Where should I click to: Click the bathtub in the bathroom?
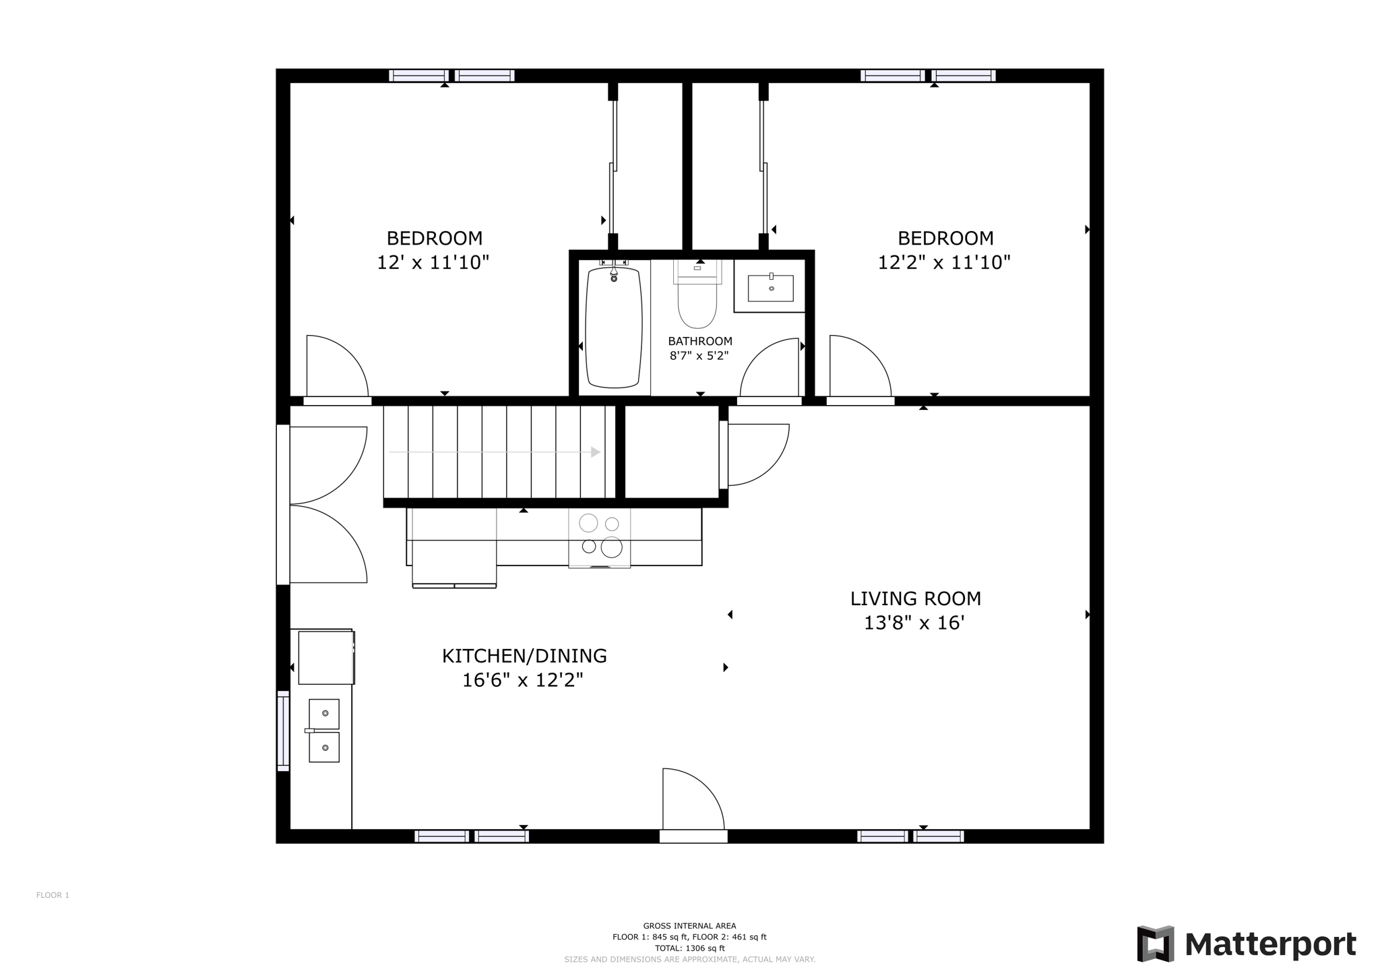613,328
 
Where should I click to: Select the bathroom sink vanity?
770,288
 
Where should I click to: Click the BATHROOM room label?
699,341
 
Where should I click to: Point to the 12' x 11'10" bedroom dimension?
433,262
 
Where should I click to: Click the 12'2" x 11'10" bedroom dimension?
944,262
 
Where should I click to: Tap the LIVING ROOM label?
915,599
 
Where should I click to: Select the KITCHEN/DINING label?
524,656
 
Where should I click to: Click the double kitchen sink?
324,731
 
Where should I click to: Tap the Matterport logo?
1247,944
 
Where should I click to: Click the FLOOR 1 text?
53,895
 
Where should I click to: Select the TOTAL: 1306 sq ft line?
689,948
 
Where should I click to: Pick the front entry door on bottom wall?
693,805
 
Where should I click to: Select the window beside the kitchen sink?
283,731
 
